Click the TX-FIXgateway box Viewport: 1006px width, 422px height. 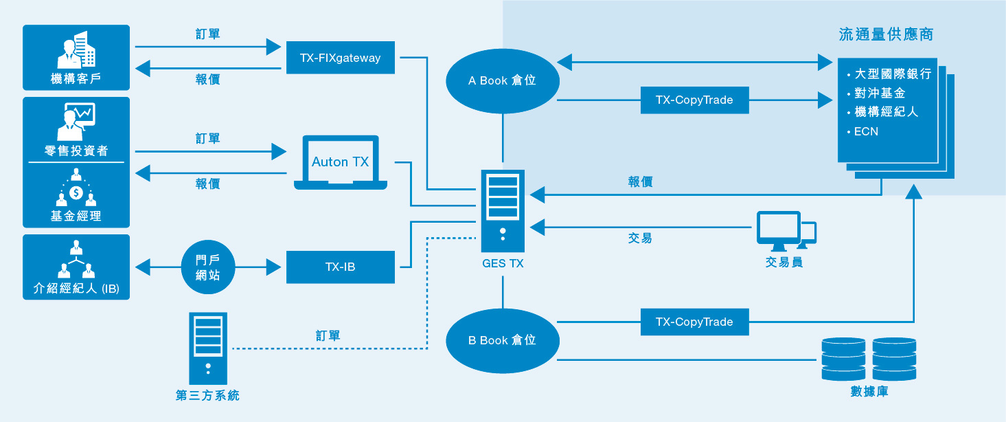point(341,58)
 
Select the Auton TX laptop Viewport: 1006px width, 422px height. point(341,162)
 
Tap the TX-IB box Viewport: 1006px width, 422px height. point(341,267)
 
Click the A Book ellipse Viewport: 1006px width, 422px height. point(503,81)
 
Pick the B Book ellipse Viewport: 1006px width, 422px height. point(503,341)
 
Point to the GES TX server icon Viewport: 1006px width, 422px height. point(503,211)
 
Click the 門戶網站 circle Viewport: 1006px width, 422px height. point(208,267)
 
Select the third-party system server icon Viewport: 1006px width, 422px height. point(208,348)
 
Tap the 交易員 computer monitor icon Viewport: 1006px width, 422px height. point(786,231)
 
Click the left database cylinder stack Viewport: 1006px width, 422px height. point(843,359)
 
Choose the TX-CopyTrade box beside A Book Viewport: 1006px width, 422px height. point(694,100)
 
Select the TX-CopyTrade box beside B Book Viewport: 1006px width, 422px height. point(694,322)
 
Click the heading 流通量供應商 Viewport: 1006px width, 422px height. point(886,34)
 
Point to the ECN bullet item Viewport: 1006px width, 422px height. point(862,132)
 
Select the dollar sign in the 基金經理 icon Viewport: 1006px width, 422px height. point(76,193)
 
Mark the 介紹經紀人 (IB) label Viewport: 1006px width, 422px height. point(76,288)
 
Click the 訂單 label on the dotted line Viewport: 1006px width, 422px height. point(328,335)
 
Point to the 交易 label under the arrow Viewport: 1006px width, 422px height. point(640,238)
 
